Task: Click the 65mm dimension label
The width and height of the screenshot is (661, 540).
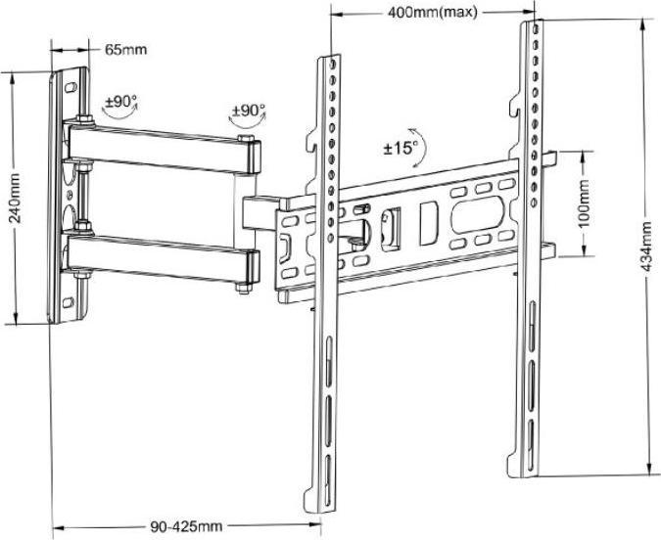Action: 127,49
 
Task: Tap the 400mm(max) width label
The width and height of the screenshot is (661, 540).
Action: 432,12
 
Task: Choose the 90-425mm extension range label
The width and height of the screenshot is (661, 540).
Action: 187,526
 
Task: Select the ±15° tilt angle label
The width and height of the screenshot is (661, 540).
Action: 401,148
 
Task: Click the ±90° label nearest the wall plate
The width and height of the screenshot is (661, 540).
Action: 121,101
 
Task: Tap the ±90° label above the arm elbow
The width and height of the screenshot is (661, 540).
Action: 249,111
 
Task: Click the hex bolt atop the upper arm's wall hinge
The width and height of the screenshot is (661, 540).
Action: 83,121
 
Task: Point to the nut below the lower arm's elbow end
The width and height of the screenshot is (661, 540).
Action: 240,288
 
